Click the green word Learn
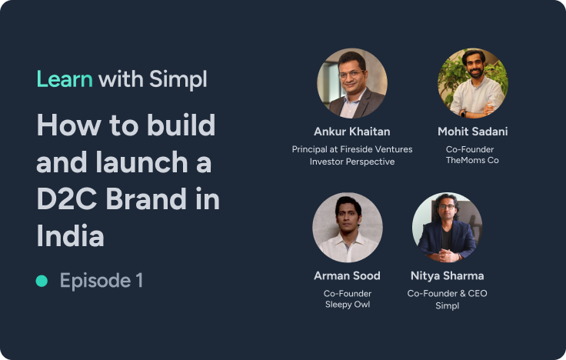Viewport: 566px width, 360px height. click(x=65, y=78)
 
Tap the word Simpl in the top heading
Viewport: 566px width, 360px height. click(x=178, y=80)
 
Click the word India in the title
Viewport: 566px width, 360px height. click(x=71, y=236)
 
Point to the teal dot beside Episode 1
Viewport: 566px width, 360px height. click(x=42, y=281)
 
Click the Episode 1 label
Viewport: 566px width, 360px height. click(x=101, y=281)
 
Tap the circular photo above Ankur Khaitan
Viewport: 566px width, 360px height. click(x=352, y=83)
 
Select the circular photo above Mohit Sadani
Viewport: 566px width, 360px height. click(x=473, y=83)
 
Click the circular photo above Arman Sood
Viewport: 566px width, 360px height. click(x=348, y=228)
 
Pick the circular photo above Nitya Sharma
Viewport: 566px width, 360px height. click(x=448, y=228)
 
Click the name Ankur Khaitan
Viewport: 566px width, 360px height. click(x=352, y=132)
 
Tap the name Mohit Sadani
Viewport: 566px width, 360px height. click(x=473, y=132)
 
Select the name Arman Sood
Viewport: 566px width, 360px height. click(x=348, y=276)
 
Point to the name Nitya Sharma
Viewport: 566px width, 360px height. click(x=448, y=276)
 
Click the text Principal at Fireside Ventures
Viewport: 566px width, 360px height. click(x=352, y=149)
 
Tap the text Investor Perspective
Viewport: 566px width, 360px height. click(x=352, y=162)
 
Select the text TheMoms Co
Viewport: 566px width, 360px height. click(x=472, y=160)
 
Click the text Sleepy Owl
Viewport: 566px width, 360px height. click(x=348, y=305)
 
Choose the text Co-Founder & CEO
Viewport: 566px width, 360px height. click(x=448, y=294)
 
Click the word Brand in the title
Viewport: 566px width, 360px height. click(x=146, y=199)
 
